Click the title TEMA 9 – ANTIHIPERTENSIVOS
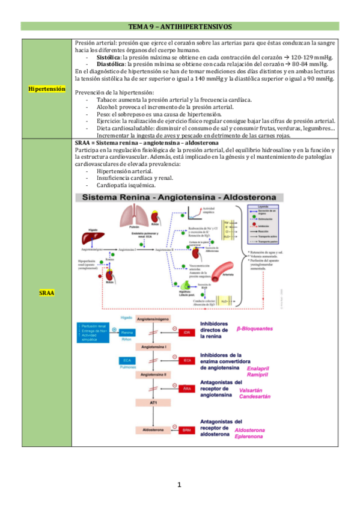[x=180, y=27]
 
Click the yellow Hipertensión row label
[x=47, y=88]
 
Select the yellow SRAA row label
[x=47, y=292]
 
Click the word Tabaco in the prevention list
[x=106, y=99]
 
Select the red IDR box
[x=188, y=332]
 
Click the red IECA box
[x=188, y=360]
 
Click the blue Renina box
[x=127, y=332]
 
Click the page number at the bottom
[x=180, y=485]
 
